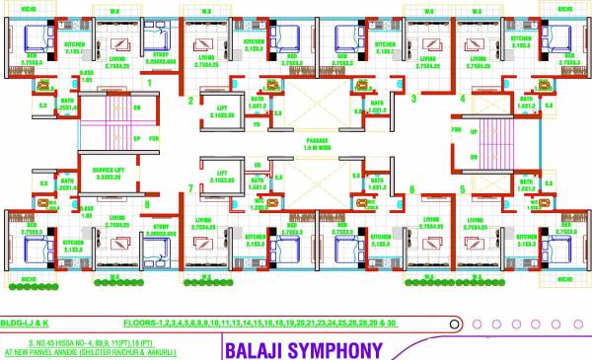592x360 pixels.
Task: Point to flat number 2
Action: (190, 100)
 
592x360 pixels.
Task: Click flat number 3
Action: (412, 100)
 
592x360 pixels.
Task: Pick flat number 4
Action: (461, 100)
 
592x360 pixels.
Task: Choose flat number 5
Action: (461, 188)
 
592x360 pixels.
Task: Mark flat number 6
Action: (412, 188)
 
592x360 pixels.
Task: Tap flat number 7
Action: (190, 187)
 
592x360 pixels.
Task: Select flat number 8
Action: (148, 205)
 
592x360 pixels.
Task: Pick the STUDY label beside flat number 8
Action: (162, 228)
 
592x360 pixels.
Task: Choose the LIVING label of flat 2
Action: (205, 44)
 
